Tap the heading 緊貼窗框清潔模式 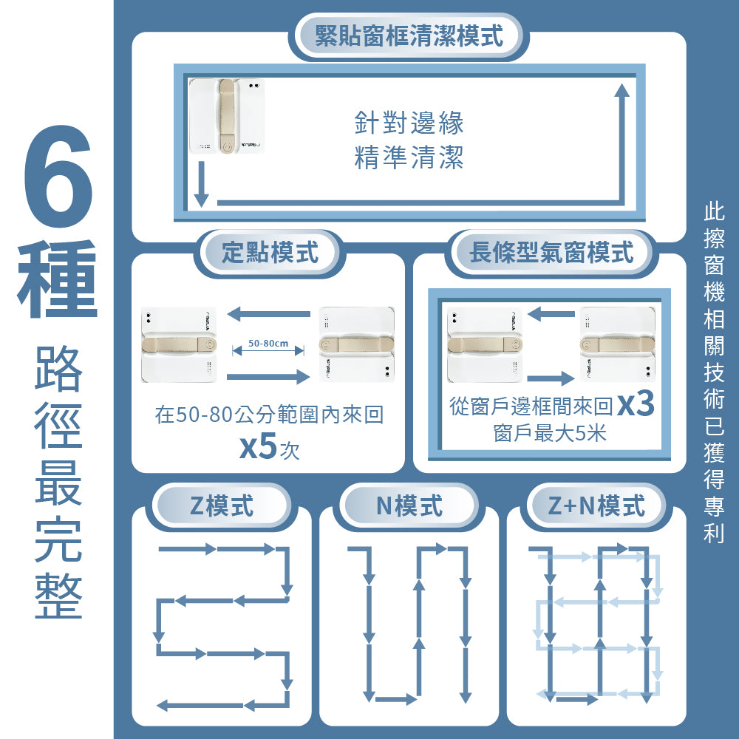[x=409, y=35]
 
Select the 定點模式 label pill [x=270, y=253]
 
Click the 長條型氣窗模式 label [x=551, y=253]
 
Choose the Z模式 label [x=221, y=506]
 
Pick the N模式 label [x=409, y=506]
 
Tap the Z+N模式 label [x=596, y=506]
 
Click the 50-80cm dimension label [x=268, y=344]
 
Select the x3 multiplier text [x=636, y=405]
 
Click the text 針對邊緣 [x=409, y=123]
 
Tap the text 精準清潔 [x=409, y=157]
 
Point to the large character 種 [x=58, y=279]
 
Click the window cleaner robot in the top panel [x=226, y=116]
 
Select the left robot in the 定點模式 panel [x=180, y=344]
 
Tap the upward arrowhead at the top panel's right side [x=622, y=90]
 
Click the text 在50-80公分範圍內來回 [x=269, y=415]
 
